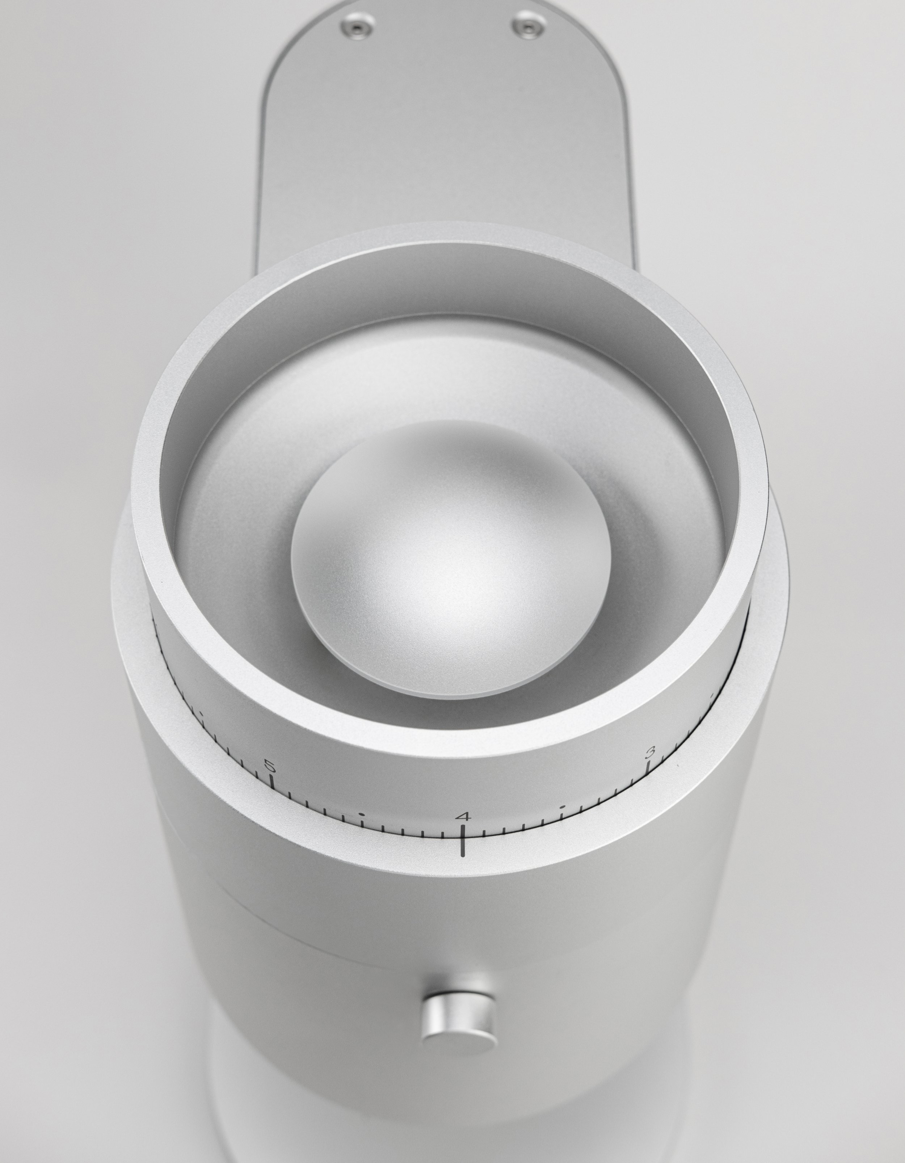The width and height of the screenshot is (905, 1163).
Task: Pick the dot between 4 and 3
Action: point(562,807)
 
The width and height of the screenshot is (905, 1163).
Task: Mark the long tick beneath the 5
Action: point(271,782)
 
